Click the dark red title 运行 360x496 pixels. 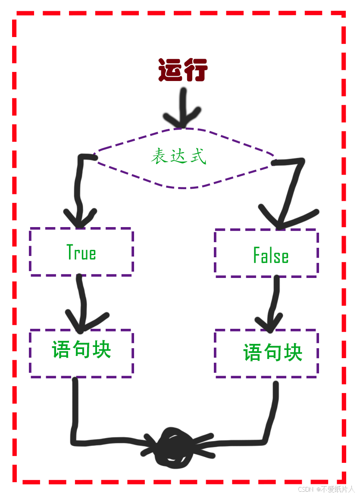pyautogui.click(x=183, y=70)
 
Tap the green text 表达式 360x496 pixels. pyautogui.click(x=178, y=156)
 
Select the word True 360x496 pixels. pyautogui.click(x=81, y=252)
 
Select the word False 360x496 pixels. pyautogui.click(x=271, y=256)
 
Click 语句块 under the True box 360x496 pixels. pyautogui.click(x=81, y=349)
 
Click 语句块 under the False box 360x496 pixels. pyautogui.click(x=272, y=353)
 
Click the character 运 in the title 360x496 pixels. pyautogui.click(x=170, y=70)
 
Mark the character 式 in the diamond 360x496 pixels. pyautogui.click(x=198, y=156)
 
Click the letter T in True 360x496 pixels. pyautogui.click(x=70, y=252)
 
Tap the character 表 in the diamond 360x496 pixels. pyautogui.click(x=159, y=156)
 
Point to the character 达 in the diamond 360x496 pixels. pyautogui.click(x=178, y=156)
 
